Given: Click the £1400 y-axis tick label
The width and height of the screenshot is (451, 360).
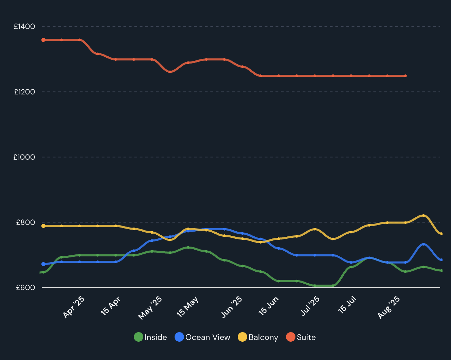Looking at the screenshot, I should coord(24,26).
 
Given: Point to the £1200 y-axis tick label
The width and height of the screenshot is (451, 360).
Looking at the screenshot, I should coord(24,92).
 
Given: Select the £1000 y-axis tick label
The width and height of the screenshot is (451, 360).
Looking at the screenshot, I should coord(24,157).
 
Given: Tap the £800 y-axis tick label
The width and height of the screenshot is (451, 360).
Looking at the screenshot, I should coord(25,222).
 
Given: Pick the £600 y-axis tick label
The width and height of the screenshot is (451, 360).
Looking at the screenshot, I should coord(25,288).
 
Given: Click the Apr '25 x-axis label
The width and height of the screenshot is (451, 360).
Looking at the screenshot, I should coord(74,307).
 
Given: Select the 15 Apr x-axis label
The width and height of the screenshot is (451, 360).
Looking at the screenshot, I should coord(111,306).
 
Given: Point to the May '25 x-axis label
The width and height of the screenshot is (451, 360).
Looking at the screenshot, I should coord(150,308).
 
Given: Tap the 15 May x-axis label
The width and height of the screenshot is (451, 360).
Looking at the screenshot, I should coord(187,307).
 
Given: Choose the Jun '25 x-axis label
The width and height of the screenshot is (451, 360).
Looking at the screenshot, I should coord(232,307).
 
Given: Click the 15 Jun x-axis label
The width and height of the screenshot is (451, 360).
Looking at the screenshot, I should coord(268,306).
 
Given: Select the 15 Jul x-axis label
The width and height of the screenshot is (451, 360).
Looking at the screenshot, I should coord(347,304).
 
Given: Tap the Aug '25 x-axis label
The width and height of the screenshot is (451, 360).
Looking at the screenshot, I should coord(389,307).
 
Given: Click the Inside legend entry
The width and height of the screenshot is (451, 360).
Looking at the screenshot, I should coord(150,337).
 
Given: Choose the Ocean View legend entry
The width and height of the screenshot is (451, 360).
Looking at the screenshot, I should coord(202,337).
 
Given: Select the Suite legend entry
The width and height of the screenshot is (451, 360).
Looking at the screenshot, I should coord(301,337).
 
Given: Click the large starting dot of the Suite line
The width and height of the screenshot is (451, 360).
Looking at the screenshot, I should coord(43,40).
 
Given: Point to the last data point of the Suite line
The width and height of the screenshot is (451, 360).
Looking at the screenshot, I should coord(405,76).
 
